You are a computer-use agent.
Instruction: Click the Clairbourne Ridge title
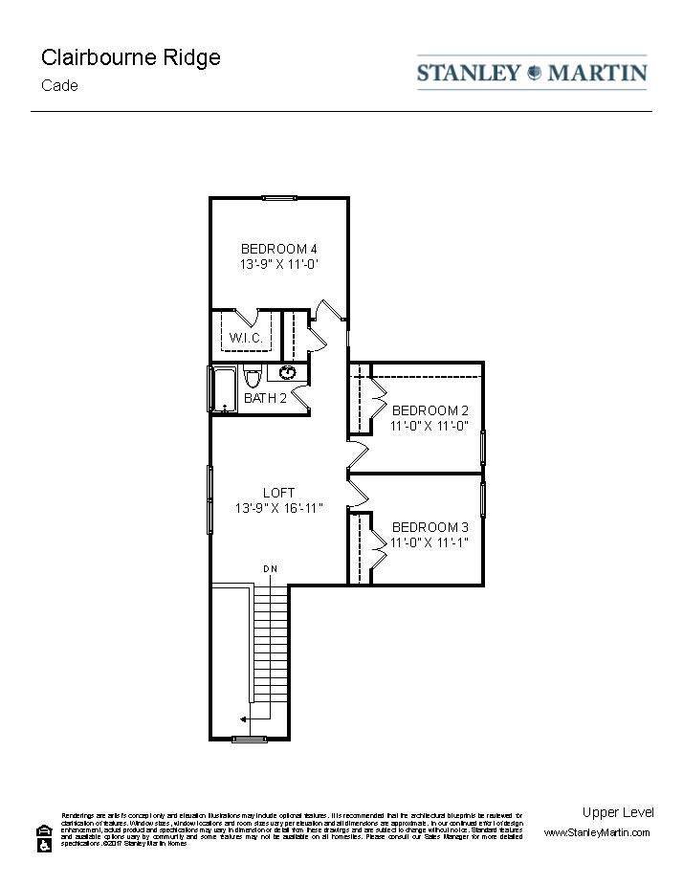(131, 57)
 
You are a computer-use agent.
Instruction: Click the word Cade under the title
(59, 85)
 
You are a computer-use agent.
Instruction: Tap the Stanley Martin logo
(532, 73)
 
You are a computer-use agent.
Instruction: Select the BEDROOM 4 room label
(278, 249)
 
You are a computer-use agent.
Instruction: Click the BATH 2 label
(265, 398)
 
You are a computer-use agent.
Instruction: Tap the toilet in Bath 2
(253, 375)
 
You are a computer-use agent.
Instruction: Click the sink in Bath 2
(288, 372)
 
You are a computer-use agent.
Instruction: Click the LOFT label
(278, 493)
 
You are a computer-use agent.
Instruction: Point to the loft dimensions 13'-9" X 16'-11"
(278, 508)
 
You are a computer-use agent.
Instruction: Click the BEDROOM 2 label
(430, 410)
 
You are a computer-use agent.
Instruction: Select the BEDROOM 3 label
(430, 527)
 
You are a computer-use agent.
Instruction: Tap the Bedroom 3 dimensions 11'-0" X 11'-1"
(430, 542)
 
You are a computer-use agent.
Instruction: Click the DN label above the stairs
(271, 570)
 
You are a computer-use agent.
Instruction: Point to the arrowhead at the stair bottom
(243, 718)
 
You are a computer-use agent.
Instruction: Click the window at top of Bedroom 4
(279, 198)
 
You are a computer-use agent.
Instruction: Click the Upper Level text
(618, 812)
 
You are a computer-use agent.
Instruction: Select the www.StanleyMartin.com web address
(597, 833)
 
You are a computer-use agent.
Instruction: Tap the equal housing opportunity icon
(44, 830)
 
